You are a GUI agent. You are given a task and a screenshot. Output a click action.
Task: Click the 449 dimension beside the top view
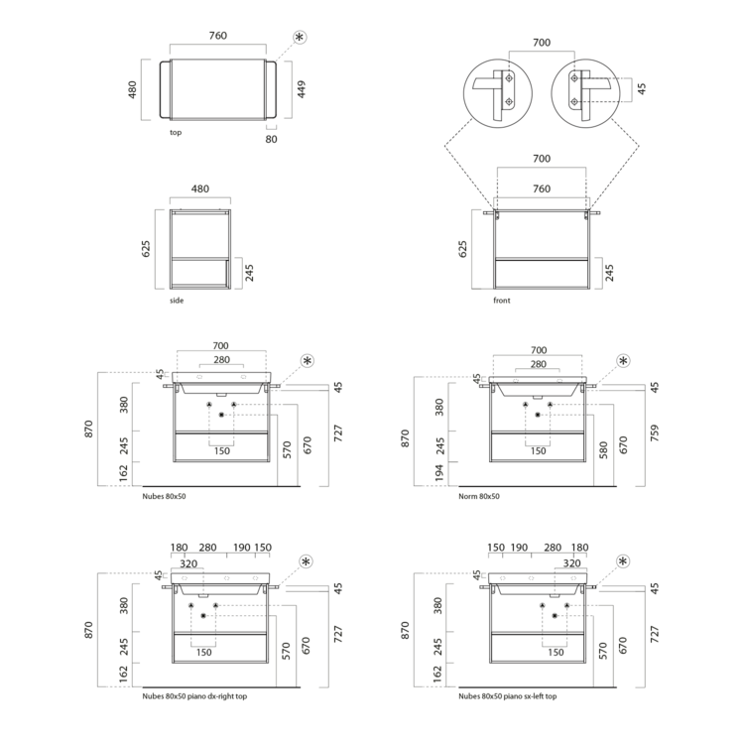[x=302, y=89]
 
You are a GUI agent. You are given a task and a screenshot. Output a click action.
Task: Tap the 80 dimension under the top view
[x=271, y=139]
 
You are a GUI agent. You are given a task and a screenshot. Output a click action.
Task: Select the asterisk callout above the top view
[x=300, y=37]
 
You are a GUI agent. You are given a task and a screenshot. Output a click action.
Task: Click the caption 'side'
[x=177, y=301]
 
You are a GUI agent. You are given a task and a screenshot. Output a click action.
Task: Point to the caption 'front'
[x=502, y=301]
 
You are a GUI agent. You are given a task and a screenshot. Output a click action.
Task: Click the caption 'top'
[x=176, y=132]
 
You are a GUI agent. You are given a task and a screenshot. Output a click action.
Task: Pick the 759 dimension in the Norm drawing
[x=655, y=433]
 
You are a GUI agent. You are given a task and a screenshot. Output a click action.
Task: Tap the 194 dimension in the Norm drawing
[x=439, y=473]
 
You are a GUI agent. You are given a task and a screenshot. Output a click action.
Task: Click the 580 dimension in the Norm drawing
[x=603, y=449]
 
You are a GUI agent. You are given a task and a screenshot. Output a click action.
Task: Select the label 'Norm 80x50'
[x=479, y=496]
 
